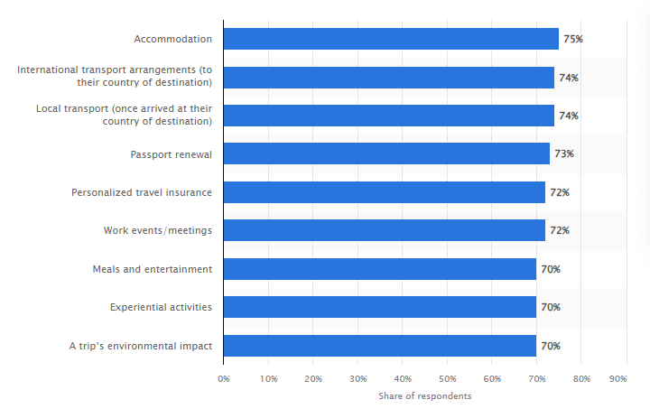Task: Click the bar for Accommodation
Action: point(390,39)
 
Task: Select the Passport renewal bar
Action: point(385,153)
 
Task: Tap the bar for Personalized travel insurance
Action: point(384,192)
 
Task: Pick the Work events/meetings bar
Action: point(384,230)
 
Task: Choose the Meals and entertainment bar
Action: point(379,269)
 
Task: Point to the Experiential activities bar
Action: point(379,307)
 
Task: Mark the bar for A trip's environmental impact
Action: point(379,346)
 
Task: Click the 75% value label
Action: point(573,40)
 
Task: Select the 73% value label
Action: point(564,154)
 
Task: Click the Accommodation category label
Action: point(172,39)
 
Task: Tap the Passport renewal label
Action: point(171,153)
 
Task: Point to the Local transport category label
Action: point(124,115)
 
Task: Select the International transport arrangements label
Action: point(115,77)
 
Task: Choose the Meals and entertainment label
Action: point(152,269)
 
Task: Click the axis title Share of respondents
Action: point(424,395)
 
